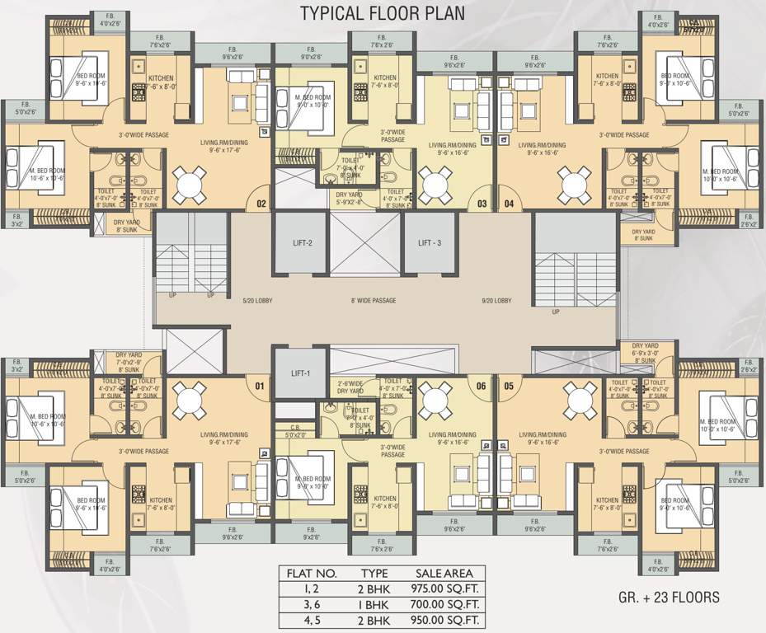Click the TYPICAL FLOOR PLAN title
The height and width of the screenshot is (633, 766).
pos(383,13)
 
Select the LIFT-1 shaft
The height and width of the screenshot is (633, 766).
pos(300,373)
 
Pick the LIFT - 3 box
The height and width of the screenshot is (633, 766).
pos(430,242)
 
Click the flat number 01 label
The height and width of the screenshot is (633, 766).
pos(261,386)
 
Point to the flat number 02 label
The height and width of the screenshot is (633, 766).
pos(261,203)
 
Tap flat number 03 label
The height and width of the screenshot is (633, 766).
pos(482,204)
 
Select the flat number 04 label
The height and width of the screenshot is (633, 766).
pos(508,204)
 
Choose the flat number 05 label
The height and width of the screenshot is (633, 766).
pos(508,386)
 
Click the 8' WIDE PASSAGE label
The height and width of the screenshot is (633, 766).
pos(374,301)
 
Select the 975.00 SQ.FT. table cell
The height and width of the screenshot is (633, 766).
pos(446,588)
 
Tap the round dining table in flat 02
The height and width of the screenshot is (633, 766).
pos(190,179)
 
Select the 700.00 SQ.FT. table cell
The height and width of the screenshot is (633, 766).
pos(446,604)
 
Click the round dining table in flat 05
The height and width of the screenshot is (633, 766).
pos(575,397)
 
